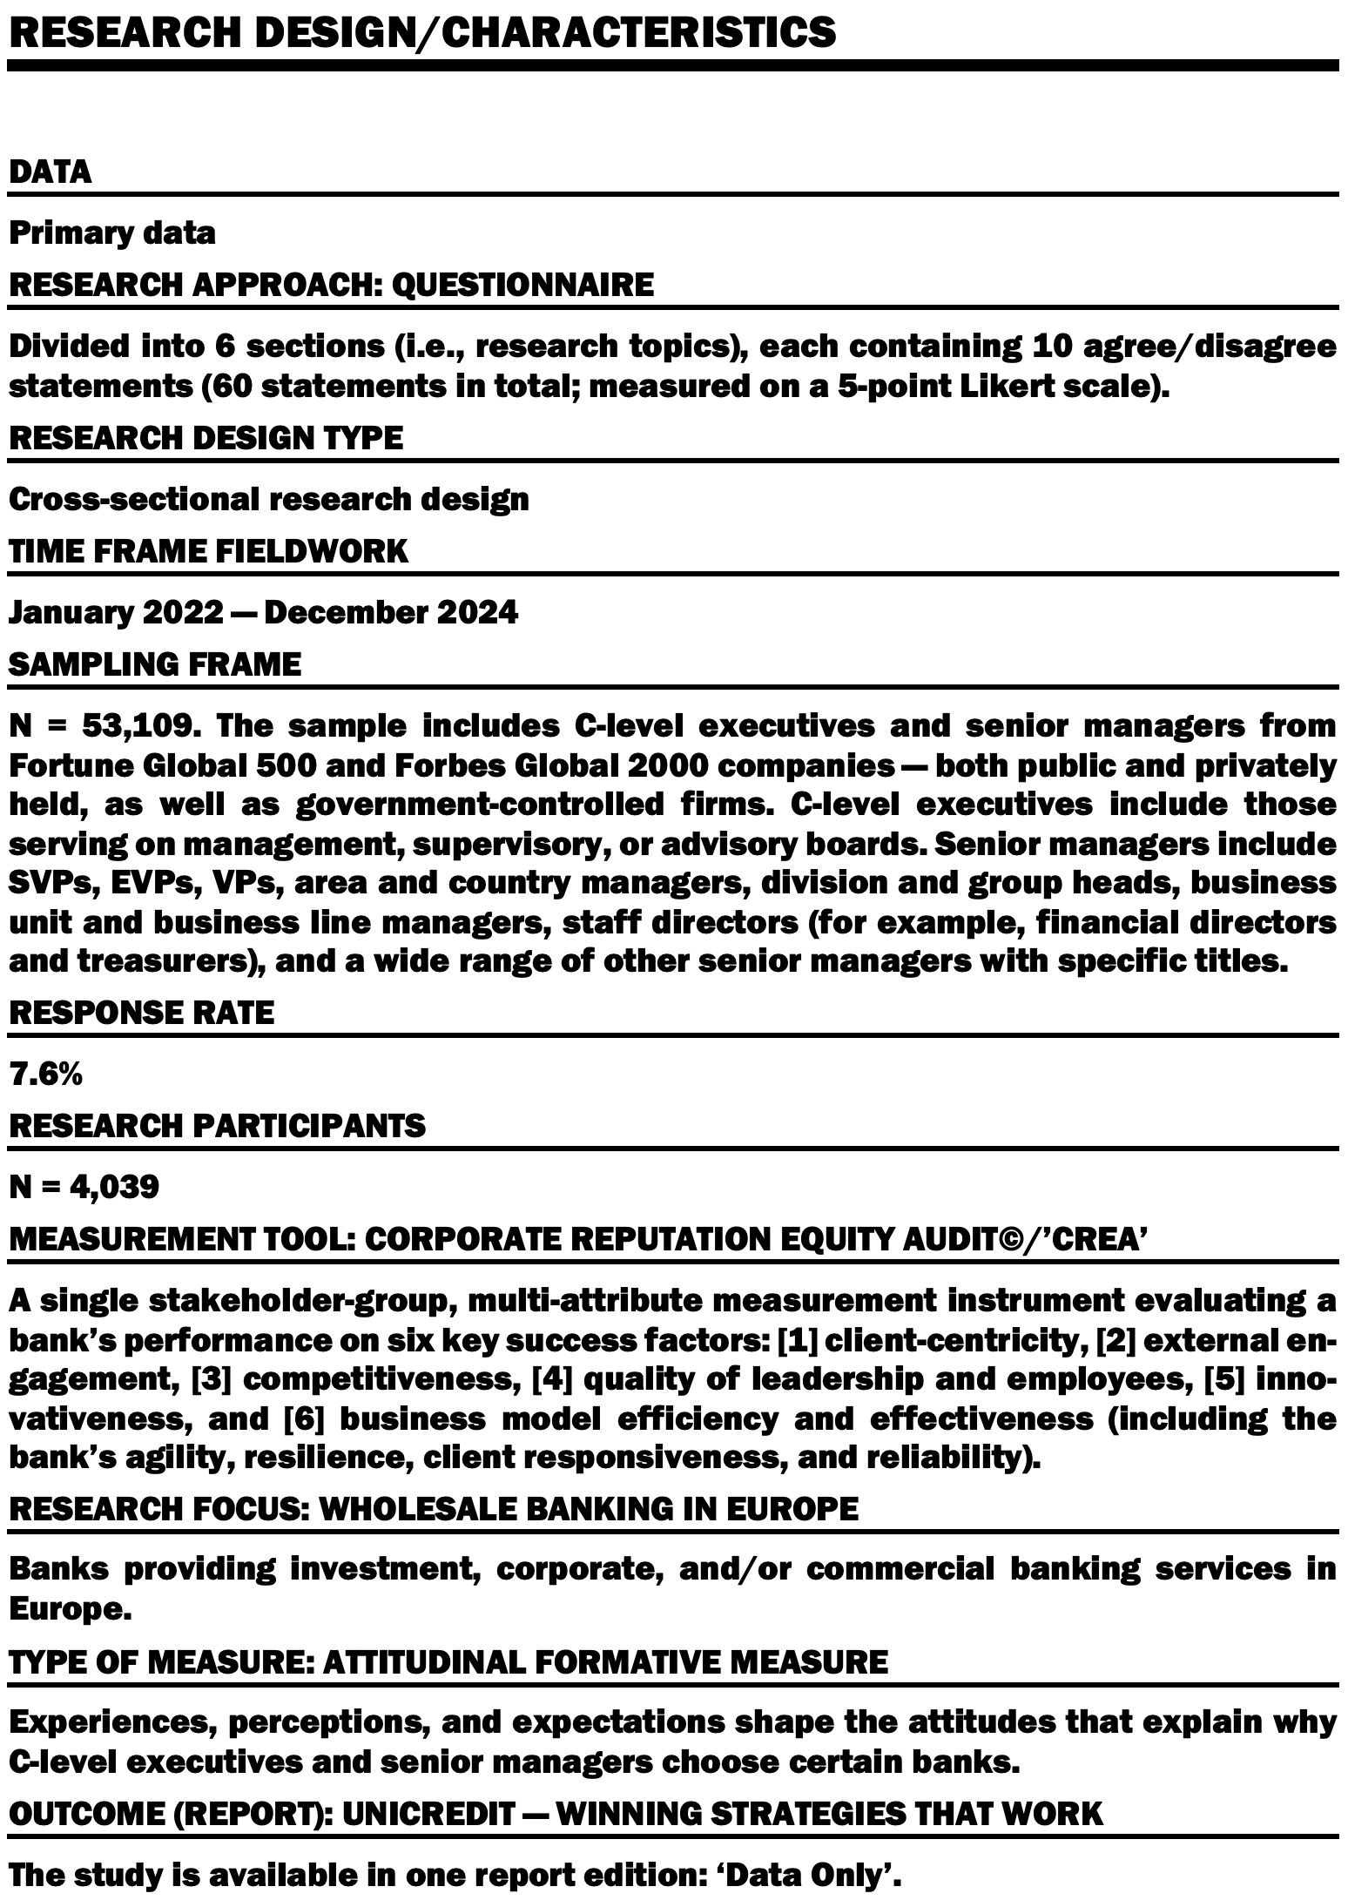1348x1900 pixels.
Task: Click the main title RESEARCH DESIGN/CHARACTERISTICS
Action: [422, 31]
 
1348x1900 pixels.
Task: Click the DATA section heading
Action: [50, 172]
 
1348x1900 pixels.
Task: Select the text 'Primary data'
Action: [112, 233]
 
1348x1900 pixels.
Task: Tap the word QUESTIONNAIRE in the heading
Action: [522, 285]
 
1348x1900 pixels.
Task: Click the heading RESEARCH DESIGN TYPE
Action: [206, 437]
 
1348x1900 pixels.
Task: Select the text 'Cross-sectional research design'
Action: [268, 499]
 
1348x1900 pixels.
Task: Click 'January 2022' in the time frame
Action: [116, 612]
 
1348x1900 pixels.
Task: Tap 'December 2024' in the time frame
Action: [390, 612]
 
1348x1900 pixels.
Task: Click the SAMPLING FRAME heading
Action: [155, 664]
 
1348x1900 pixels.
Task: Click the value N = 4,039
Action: [84, 1186]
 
